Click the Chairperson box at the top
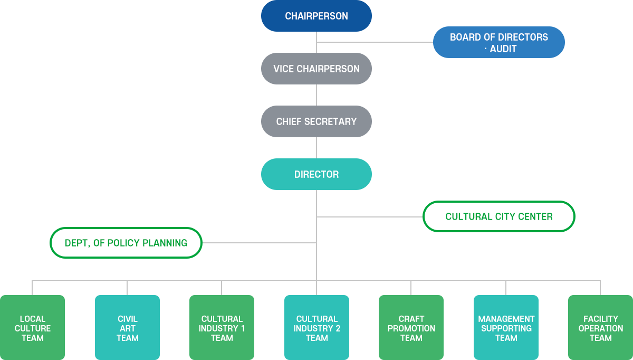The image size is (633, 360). click(316, 16)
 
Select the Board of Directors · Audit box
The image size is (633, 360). click(498, 42)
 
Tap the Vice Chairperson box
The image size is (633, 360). click(316, 69)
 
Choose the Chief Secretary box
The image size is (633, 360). click(316, 121)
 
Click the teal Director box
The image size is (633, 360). click(316, 174)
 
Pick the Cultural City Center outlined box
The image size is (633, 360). click(498, 216)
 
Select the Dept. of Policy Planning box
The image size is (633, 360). click(126, 243)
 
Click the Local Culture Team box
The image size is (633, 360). click(33, 328)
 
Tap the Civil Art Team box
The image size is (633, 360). click(127, 328)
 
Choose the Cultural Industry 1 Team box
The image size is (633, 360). click(222, 328)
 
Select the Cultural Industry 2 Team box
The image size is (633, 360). click(316, 328)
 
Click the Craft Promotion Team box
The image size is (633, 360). click(411, 328)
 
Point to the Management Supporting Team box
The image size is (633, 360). click(506, 328)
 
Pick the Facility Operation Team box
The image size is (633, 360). click(600, 328)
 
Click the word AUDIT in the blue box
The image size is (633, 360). click(503, 49)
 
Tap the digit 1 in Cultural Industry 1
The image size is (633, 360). click(243, 328)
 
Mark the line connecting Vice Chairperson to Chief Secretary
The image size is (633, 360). click(316, 95)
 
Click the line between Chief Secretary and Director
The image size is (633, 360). click(316, 148)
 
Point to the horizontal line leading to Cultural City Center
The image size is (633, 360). click(369, 216)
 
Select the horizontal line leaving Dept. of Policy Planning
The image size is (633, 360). click(258, 243)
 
